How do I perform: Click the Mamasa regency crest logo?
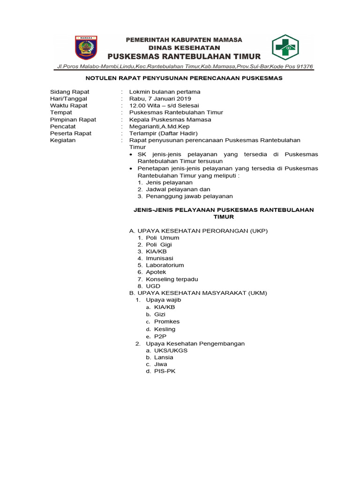(84, 48)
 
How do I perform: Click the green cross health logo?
(285, 47)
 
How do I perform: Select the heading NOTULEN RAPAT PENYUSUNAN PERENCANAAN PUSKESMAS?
(180, 78)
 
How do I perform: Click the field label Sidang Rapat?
(69, 92)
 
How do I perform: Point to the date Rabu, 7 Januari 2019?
(155, 99)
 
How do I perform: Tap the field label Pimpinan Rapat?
(73, 120)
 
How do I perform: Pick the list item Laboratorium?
(165, 265)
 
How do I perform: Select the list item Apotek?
(156, 272)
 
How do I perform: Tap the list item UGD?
(153, 286)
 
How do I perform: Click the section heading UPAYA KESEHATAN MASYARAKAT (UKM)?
(202, 293)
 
